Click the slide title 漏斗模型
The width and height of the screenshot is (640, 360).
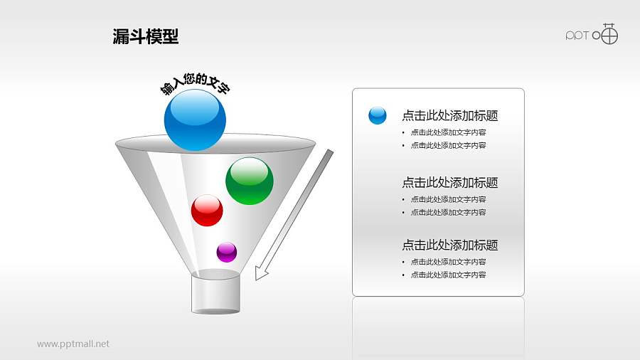point(146,36)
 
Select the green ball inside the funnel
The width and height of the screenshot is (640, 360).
point(250,181)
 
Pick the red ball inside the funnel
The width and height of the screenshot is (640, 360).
point(207,211)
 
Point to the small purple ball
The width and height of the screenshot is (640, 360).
point(226,252)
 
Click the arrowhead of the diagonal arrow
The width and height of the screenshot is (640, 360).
point(261,273)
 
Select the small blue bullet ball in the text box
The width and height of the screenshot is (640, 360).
point(378,115)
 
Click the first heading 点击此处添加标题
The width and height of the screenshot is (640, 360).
point(449,116)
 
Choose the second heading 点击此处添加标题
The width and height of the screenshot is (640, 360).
point(449,183)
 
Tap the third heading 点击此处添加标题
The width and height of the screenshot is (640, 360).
point(449,245)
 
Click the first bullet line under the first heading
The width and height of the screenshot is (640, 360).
point(448,132)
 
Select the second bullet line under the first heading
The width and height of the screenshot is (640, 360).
point(448,146)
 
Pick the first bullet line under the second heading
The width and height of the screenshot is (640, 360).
point(448,200)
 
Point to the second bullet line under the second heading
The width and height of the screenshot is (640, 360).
point(448,213)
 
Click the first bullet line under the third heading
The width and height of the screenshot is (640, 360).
point(448,262)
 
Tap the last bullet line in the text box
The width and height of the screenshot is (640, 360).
point(448,275)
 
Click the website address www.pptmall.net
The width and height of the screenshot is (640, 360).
point(73,344)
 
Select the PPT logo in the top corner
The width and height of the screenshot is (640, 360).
point(592,35)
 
